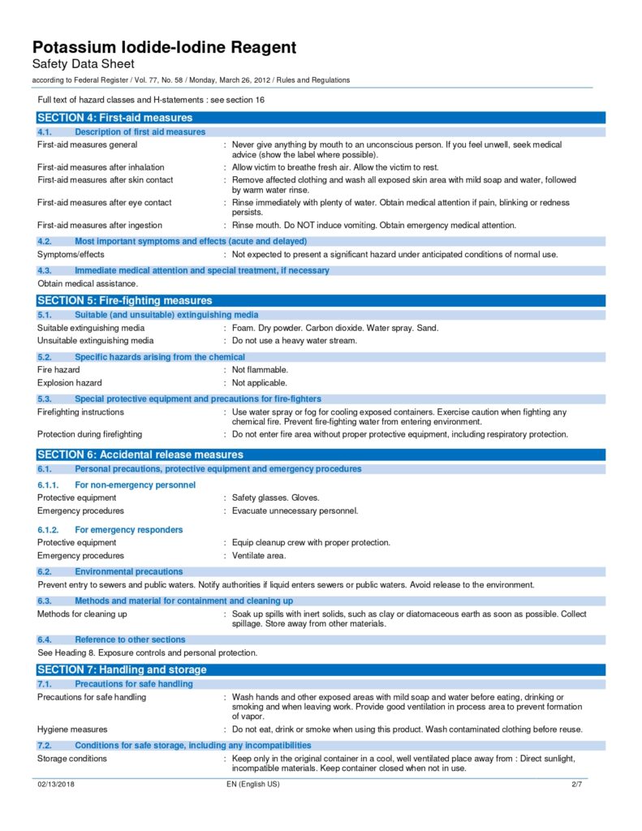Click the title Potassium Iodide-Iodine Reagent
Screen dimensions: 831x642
click(x=164, y=47)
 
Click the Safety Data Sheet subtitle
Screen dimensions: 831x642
click(x=83, y=64)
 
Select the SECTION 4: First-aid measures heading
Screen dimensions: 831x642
click(x=114, y=118)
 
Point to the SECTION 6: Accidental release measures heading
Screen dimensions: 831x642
click(x=140, y=454)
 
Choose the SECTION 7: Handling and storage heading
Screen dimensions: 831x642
click(x=122, y=670)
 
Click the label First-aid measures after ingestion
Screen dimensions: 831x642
click(x=100, y=226)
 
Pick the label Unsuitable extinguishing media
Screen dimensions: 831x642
click(x=95, y=341)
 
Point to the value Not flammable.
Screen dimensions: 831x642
click(x=260, y=369)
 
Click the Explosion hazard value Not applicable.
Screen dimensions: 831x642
click(x=260, y=382)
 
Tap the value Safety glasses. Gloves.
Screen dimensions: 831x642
click(x=275, y=497)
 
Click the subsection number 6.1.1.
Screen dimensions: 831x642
click(x=50, y=484)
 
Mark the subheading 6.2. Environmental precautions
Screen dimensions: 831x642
click(x=110, y=571)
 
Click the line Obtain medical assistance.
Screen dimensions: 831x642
click(x=88, y=284)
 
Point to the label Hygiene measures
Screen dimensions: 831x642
click(x=72, y=730)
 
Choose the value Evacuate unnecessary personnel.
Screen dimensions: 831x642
click(x=295, y=510)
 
